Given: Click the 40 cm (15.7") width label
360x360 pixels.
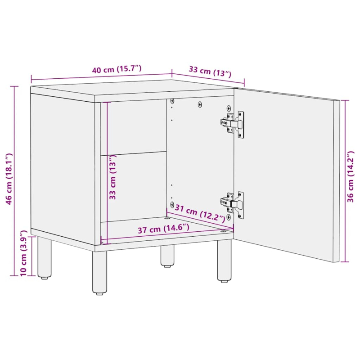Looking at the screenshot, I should coord(117,70).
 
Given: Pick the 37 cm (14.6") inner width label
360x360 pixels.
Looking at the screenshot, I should coord(163,229).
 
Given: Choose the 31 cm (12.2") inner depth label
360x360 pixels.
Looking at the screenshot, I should coord(200,213).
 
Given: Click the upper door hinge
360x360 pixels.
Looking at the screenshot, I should coord(233,124).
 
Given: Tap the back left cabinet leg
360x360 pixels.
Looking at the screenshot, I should coord(44,257).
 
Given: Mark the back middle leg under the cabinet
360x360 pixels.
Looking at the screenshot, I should coord(167,256).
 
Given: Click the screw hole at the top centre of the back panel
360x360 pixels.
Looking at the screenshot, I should coord(200,105).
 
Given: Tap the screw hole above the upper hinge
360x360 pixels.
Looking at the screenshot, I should coord(229,108).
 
